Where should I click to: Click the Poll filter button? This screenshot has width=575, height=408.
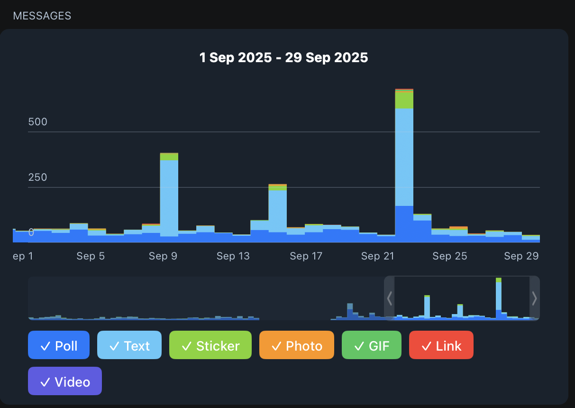tap(59, 345)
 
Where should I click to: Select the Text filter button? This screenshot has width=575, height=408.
tap(129, 345)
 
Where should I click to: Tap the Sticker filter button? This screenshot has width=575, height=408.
tap(210, 345)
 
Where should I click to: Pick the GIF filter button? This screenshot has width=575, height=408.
tap(372, 345)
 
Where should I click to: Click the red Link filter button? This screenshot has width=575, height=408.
tap(441, 345)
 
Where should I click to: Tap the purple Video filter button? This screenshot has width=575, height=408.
tap(65, 381)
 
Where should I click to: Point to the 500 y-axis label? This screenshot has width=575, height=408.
tap(38, 122)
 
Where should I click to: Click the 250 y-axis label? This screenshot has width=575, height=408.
tap(38, 177)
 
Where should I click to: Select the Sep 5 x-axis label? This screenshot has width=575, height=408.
tap(91, 256)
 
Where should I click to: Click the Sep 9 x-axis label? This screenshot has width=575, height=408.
tap(163, 256)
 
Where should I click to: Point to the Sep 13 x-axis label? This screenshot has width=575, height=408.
tap(233, 256)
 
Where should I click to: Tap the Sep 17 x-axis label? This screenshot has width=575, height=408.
tap(306, 256)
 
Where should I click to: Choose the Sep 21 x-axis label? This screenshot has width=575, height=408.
tap(377, 256)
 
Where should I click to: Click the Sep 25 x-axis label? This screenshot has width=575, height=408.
tap(449, 256)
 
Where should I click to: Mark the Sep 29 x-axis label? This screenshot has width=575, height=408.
tap(521, 256)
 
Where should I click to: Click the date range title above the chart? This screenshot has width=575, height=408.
tap(283, 58)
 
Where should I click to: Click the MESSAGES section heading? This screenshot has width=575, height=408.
tap(42, 16)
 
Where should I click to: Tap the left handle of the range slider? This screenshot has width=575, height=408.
tap(389, 298)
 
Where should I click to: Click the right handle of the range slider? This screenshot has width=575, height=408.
tap(534, 298)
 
